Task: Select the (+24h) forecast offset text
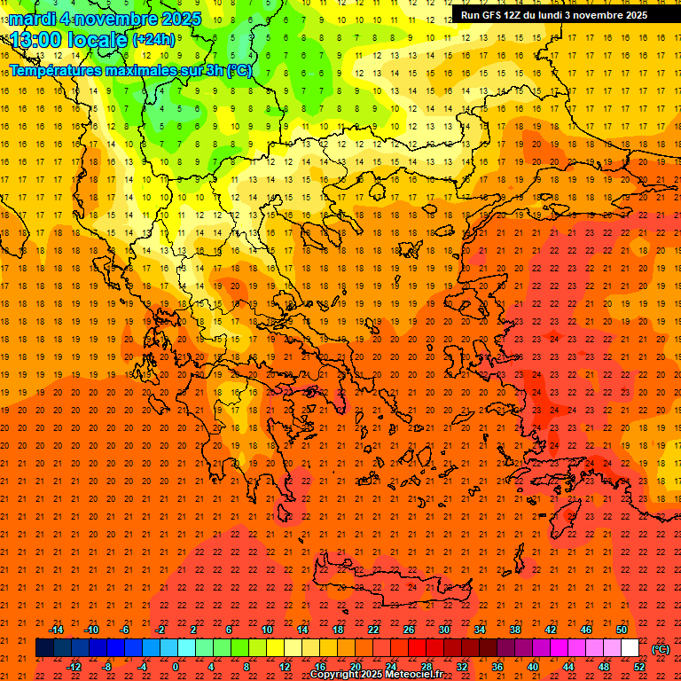[153, 39]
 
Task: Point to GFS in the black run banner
[494, 15]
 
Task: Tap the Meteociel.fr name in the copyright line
[414, 675]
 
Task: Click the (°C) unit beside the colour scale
[661, 649]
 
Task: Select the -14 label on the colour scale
[56, 630]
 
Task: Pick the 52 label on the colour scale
[639, 667]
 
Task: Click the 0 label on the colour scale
[175, 667]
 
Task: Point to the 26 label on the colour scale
[409, 630]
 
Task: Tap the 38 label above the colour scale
[515, 630]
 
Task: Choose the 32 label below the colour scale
[462, 667]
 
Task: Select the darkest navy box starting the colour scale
[44, 648]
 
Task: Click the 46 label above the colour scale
[586, 630]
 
